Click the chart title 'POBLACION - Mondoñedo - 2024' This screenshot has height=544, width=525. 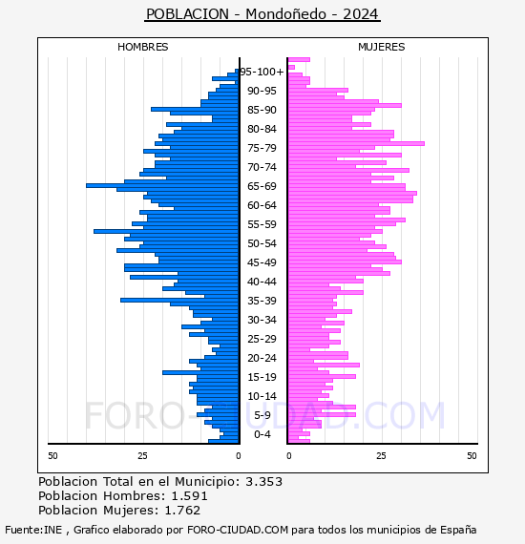tap(262, 14)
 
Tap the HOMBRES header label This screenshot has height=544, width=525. tap(142, 47)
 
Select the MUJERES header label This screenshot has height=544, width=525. tap(382, 47)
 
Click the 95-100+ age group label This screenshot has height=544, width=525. tap(262, 72)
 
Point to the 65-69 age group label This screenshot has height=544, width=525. tap(262, 186)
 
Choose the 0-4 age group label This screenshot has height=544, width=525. tap(262, 434)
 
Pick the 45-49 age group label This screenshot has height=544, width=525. tap(262, 262)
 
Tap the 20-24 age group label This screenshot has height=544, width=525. tap(262, 358)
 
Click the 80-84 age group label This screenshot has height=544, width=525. tap(262, 129)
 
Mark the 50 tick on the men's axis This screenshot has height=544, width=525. tap(52, 455)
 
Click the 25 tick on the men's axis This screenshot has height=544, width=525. tap(142, 455)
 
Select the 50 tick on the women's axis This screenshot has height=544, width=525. tap(472, 455)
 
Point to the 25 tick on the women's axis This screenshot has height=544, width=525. tap(381, 455)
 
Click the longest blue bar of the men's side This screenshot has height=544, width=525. tap(162, 185)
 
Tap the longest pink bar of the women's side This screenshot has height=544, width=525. tap(356, 143)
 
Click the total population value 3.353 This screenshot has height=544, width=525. tap(264, 482)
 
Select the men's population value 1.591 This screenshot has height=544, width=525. tap(189, 496)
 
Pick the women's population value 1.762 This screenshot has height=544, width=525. tap(182, 511)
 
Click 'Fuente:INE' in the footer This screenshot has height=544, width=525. tap(33, 530)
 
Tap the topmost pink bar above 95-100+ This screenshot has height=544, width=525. tap(299, 60)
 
